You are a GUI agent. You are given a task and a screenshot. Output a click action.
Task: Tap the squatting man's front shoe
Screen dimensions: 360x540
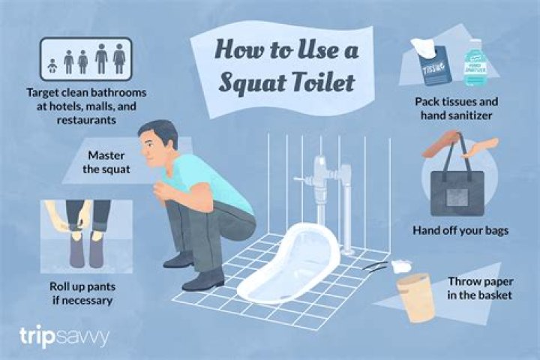point(203,280)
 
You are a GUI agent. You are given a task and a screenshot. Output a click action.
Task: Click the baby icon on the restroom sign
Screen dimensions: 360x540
point(51,64)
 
